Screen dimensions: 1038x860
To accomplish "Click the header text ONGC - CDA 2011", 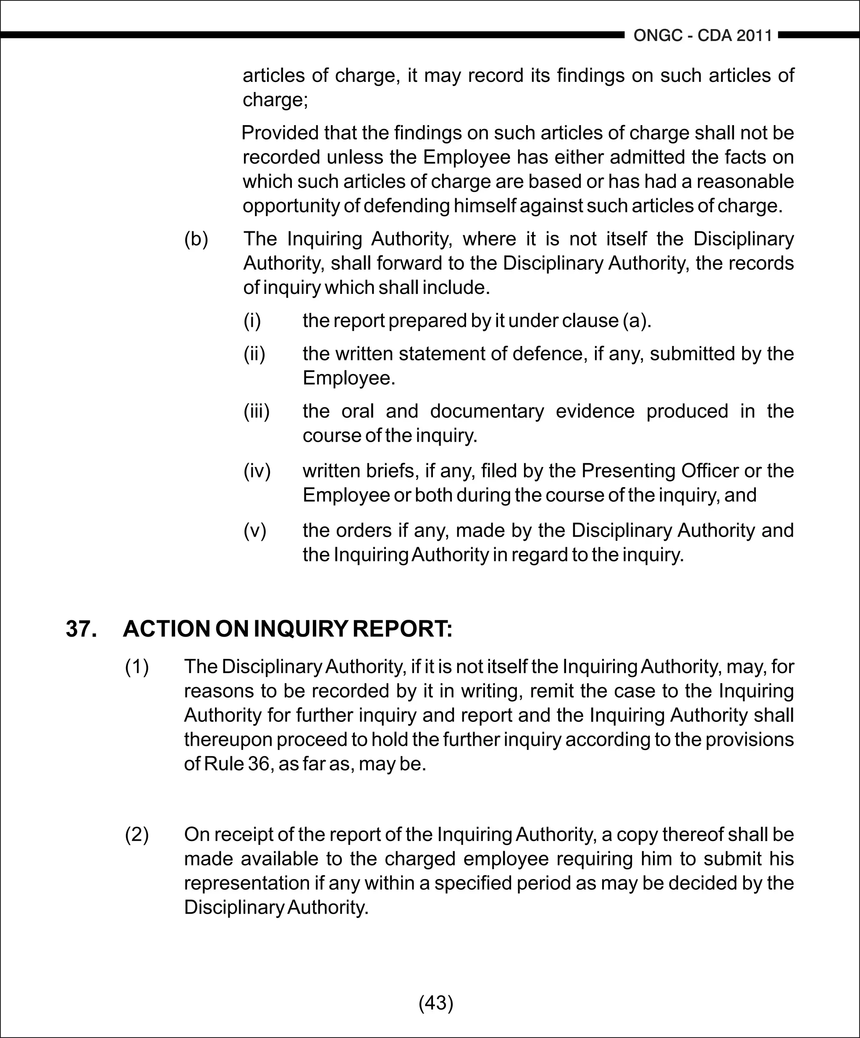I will click(x=703, y=36).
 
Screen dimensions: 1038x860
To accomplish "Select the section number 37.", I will click(x=81, y=629).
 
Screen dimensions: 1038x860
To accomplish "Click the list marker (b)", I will click(x=196, y=239).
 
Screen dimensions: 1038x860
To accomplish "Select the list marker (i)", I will click(x=252, y=321).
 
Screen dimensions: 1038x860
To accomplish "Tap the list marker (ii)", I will click(x=254, y=354).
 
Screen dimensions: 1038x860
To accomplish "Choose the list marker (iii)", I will click(x=257, y=411).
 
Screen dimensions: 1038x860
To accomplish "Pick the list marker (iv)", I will click(x=257, y=471).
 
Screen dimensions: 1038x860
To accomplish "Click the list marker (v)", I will click(x=254, y=531).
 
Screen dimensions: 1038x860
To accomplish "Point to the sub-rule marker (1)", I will click(x=137, y=667).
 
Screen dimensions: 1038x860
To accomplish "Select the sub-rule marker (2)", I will click(x=137, y=834).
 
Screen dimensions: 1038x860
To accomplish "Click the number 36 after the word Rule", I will click(x=259, y=764).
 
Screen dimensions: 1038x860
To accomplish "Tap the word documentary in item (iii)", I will click(x=487, y=411).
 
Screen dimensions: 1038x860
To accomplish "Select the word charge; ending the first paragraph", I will click(x=275, y=100).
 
